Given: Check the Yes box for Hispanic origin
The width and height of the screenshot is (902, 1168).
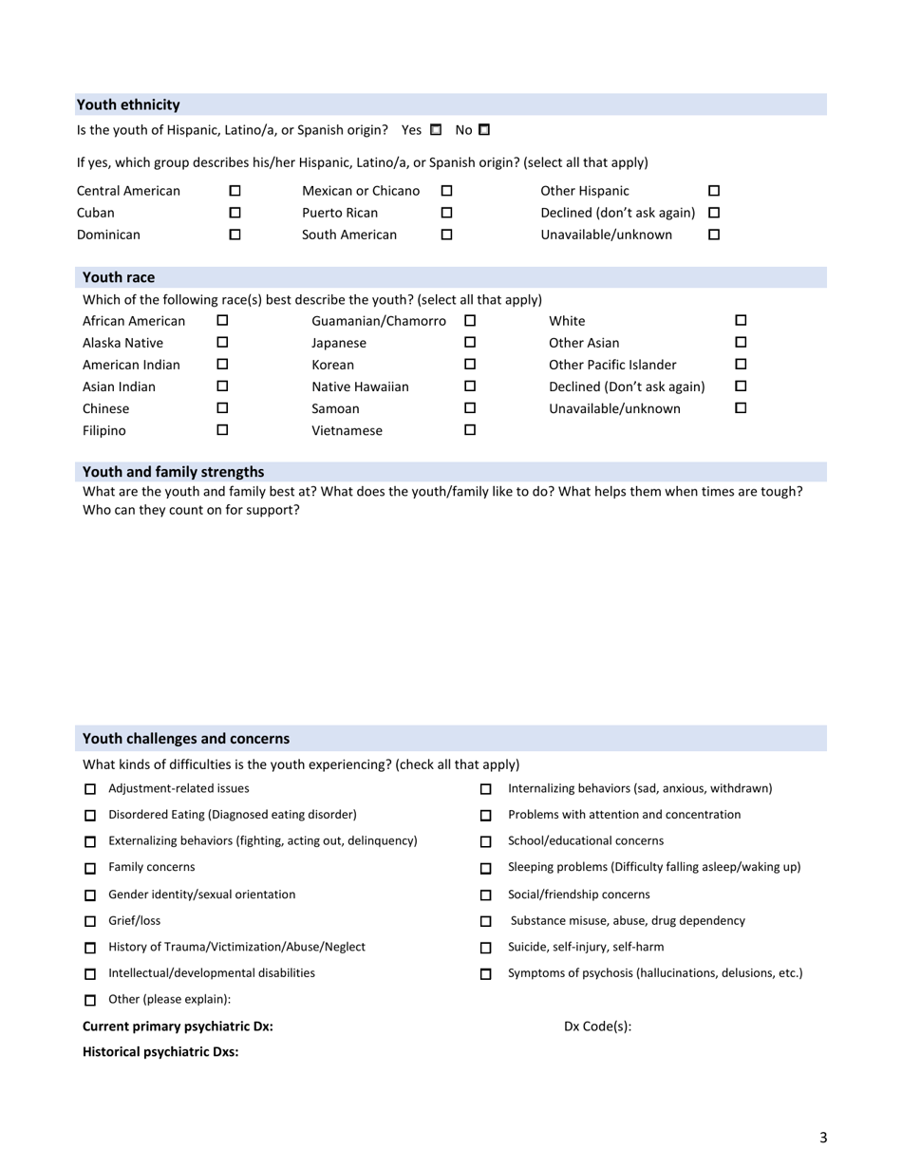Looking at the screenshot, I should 436,128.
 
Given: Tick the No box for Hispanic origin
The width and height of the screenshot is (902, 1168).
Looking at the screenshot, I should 483,128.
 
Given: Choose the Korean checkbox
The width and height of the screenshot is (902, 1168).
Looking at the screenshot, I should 469,365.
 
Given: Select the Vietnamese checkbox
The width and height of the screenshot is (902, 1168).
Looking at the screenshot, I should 469,430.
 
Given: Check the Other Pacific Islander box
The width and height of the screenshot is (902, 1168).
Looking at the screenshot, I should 742,365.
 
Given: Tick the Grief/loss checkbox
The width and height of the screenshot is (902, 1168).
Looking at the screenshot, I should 91,922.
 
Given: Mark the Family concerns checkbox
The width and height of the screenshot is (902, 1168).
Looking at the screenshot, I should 91,869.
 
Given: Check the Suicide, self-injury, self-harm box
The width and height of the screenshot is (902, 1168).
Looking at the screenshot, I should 486,948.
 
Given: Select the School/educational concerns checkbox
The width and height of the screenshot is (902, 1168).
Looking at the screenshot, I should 486,842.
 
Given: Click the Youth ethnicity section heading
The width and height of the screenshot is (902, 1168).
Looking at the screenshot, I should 128,104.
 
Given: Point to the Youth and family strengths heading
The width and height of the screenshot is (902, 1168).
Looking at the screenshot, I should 174,471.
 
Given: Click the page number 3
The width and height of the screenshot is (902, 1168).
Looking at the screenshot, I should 823,1138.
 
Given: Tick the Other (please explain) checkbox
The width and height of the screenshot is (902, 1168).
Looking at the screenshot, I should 91,1001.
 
